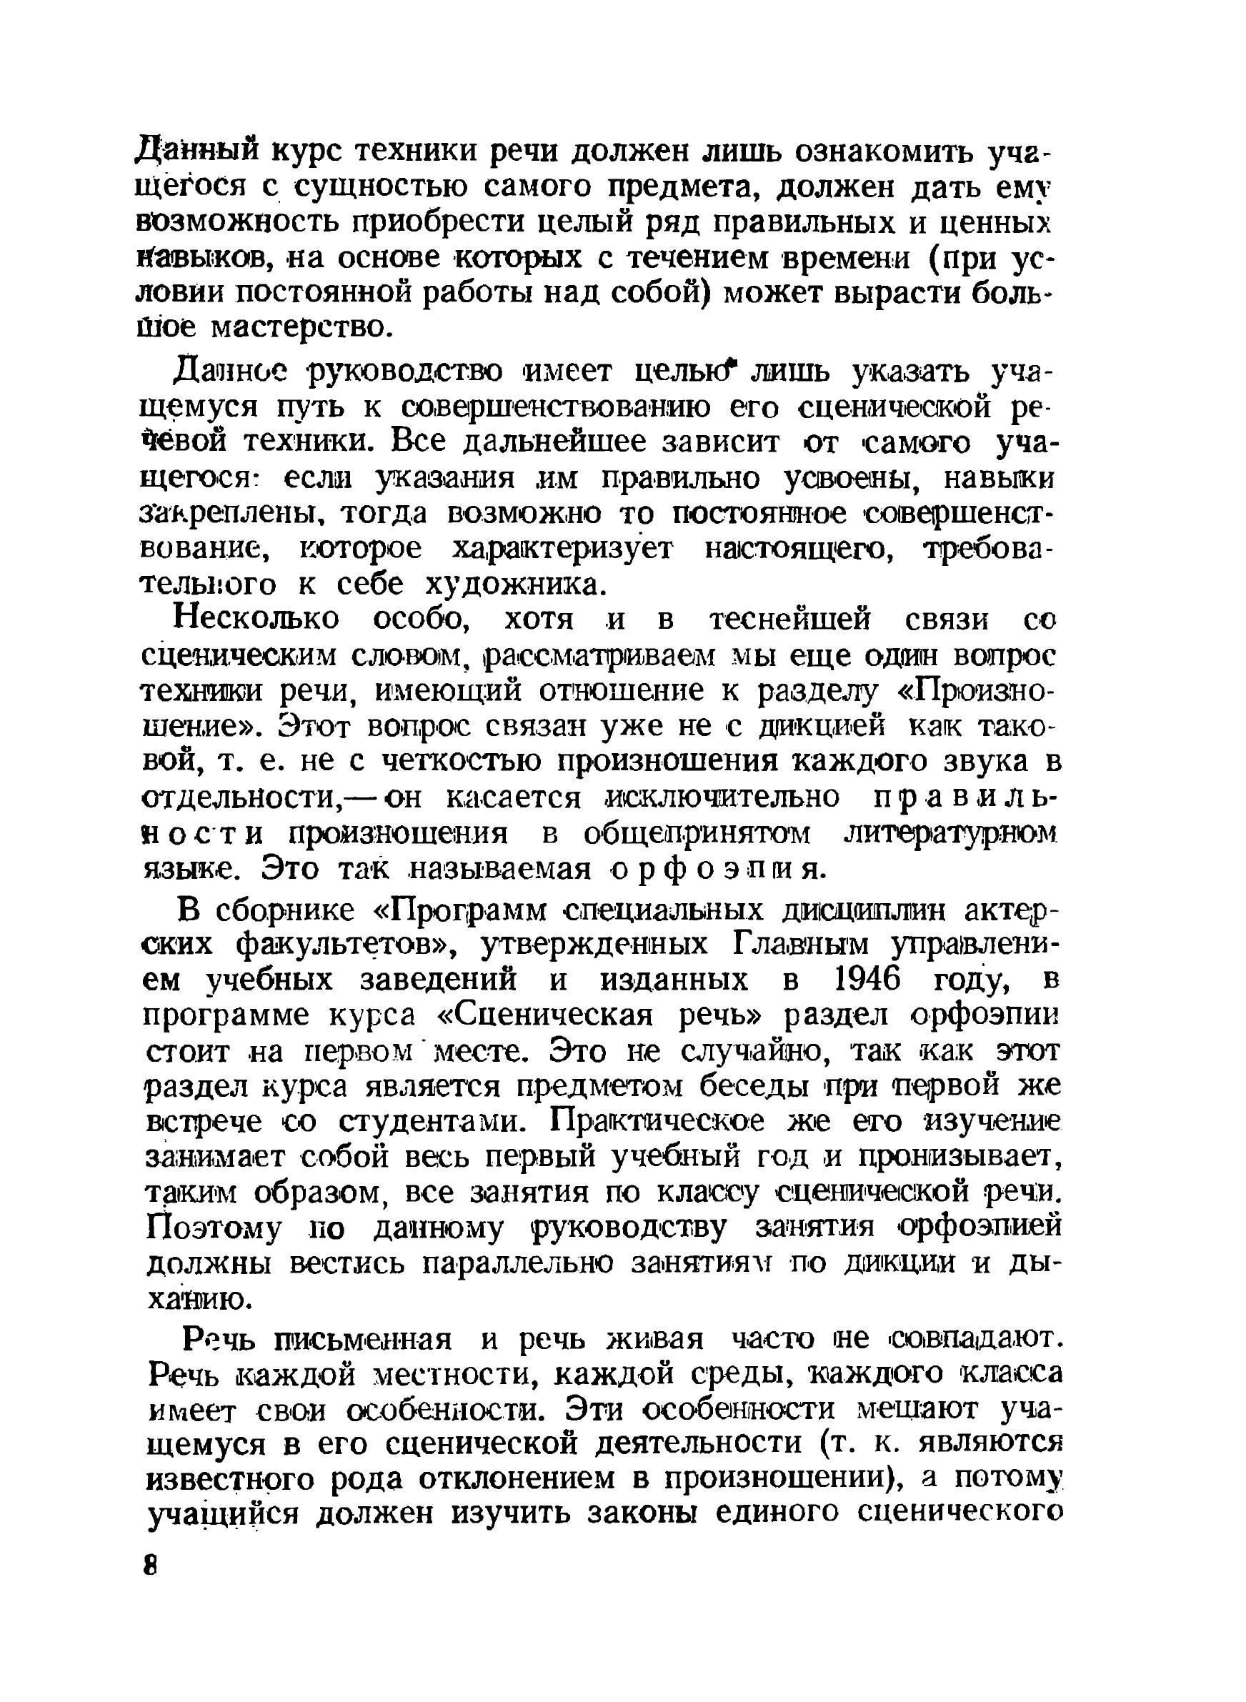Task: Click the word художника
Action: pyautogui.click(x=516, y=584)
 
